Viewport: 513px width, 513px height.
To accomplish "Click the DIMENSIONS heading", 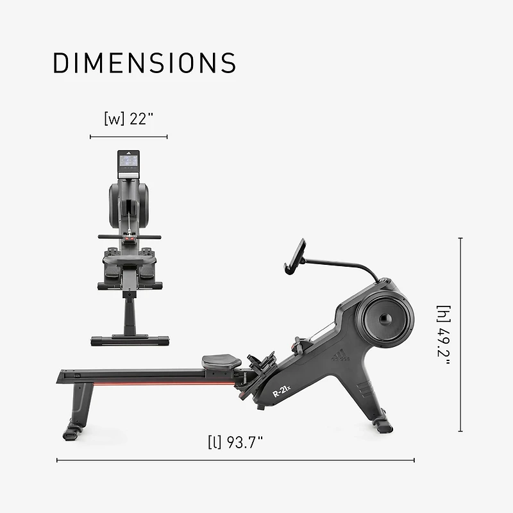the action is pos(144,63).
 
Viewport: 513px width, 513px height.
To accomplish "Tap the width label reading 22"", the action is pos(129,119).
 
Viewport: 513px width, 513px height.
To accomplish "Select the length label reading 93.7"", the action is pos(235,442).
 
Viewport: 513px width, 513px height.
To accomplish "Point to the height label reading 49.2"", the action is pos(444,335).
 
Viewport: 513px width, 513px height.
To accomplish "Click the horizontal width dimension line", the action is pos(129,137).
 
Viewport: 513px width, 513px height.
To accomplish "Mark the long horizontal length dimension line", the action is pos(235,460).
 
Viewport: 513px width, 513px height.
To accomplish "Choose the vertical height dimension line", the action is pos(460,335).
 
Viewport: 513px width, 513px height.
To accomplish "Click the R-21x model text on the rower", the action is pos(282,391).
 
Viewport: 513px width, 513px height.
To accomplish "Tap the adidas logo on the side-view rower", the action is pos(341,355).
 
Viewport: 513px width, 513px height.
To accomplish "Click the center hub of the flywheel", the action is pos(384,319).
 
